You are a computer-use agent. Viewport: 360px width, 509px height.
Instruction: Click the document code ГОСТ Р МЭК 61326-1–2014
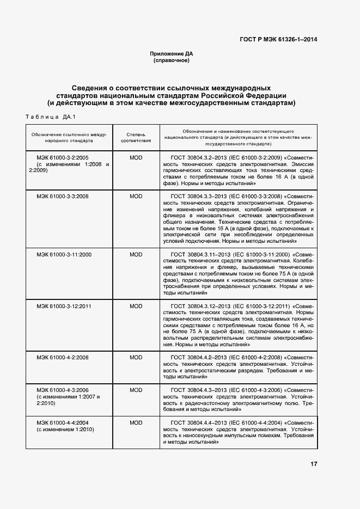(279, 39)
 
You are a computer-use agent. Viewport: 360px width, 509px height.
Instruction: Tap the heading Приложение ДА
(172, 54)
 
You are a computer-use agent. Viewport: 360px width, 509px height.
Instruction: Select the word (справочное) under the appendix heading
(172, 60)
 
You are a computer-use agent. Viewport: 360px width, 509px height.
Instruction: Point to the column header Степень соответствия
(136, 137)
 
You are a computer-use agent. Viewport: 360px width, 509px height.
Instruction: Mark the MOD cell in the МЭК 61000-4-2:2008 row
(136, 358)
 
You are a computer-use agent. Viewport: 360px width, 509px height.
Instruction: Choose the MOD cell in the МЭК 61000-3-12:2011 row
(136, 306)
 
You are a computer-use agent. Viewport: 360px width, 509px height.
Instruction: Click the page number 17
(314, 464)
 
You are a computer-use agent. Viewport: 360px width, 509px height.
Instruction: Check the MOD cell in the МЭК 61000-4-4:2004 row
(136, 422)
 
